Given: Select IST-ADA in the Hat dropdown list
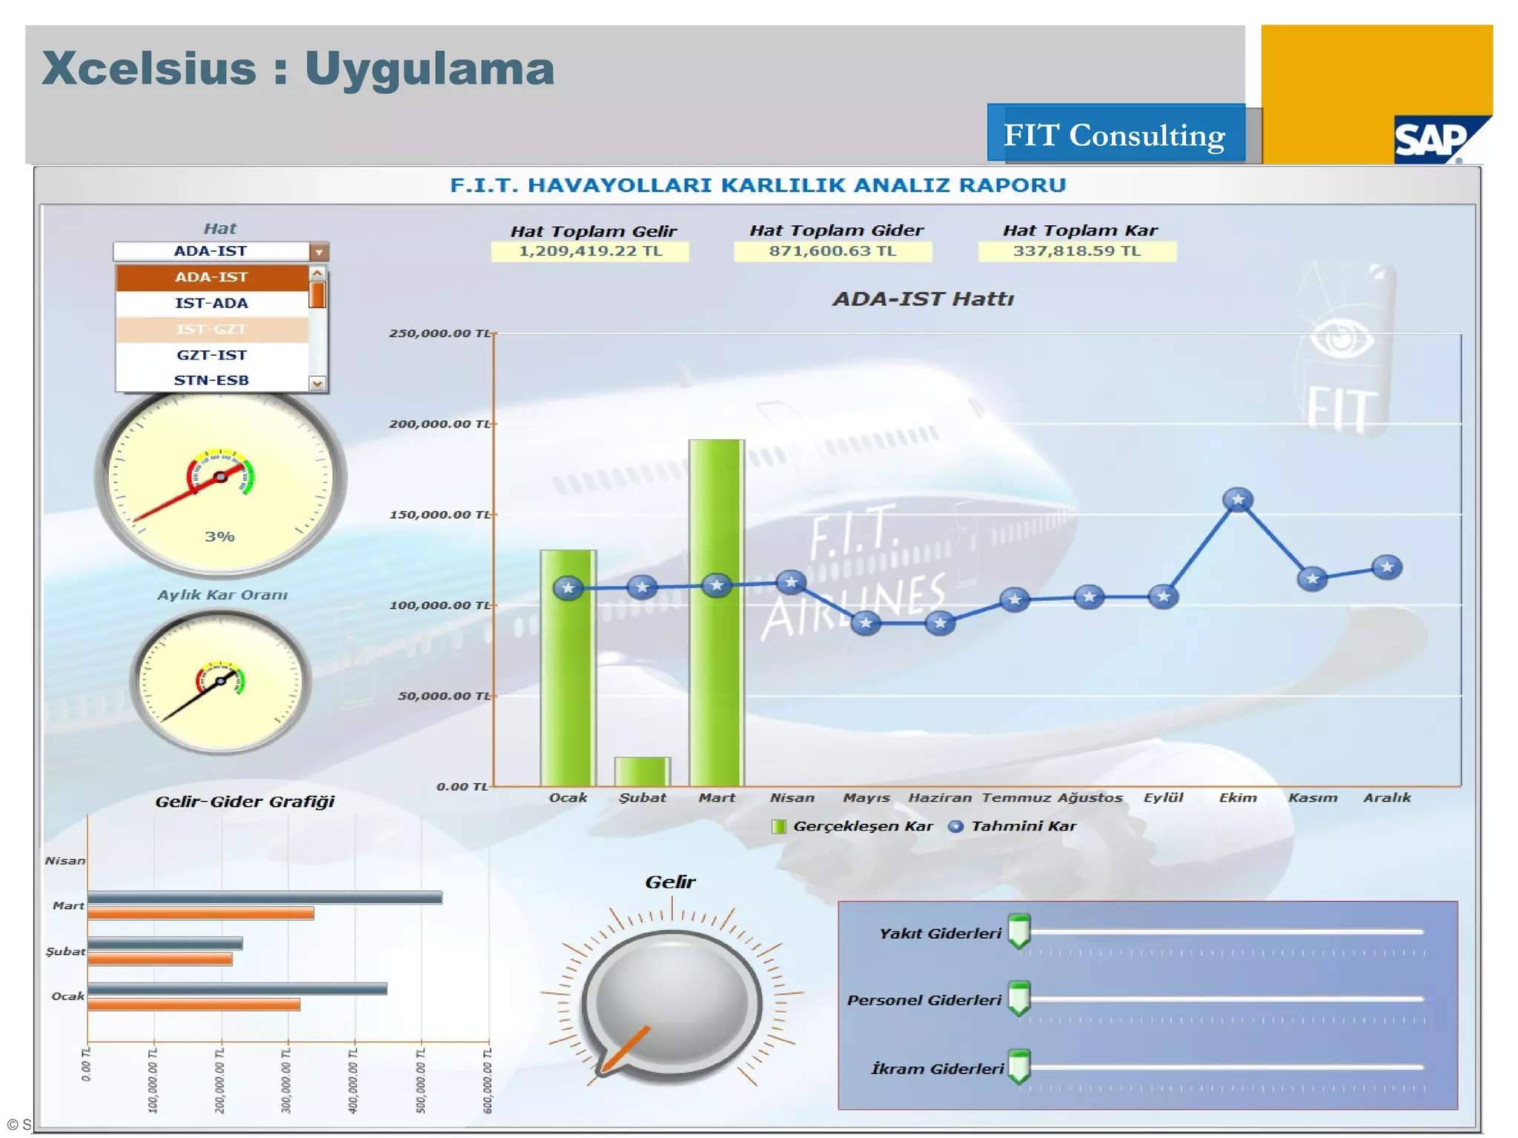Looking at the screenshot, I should point(211,303).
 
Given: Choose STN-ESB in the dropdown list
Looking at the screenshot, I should point(211,380).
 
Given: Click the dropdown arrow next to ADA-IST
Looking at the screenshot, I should point(319,252).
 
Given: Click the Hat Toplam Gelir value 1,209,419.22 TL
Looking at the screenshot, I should point(590,251).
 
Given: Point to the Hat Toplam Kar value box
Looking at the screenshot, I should point(1076,251).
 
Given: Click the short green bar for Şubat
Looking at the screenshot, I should point(642,772).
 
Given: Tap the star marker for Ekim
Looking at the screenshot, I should point(1238,500).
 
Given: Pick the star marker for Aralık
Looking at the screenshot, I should point(1387,568).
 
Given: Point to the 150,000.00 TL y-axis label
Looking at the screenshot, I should point(440,514).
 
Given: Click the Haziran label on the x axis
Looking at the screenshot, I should point(940,798).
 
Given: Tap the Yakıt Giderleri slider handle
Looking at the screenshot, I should point(1020,931).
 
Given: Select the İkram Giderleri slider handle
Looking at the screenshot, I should point(1020,1066).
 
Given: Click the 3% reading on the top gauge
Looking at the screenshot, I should point(219,536).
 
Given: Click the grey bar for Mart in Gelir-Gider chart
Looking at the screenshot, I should point(265,898).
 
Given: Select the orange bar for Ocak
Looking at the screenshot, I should point(193,1005).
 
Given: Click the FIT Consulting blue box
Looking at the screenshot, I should point(1116,134).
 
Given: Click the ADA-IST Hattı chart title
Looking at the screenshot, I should point(923,299).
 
